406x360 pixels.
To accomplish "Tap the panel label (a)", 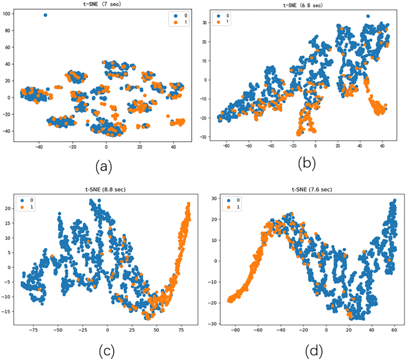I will pyautogui.click(x=104, y=167).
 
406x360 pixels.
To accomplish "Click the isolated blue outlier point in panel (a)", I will pyautogui.click(x=46, y=15).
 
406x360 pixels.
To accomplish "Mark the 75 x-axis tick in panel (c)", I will pyautogui.click(x=181, y=327).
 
